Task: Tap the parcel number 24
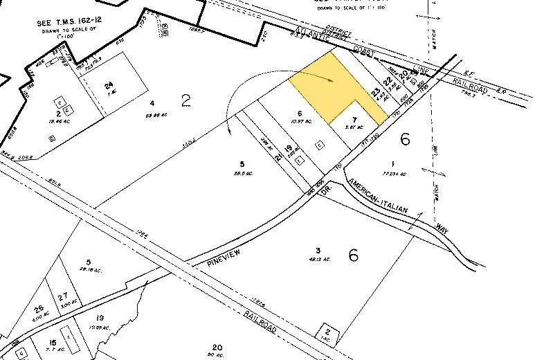109,86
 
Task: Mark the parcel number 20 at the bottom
217,348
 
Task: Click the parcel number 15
53,342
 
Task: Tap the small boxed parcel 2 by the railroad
327,334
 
